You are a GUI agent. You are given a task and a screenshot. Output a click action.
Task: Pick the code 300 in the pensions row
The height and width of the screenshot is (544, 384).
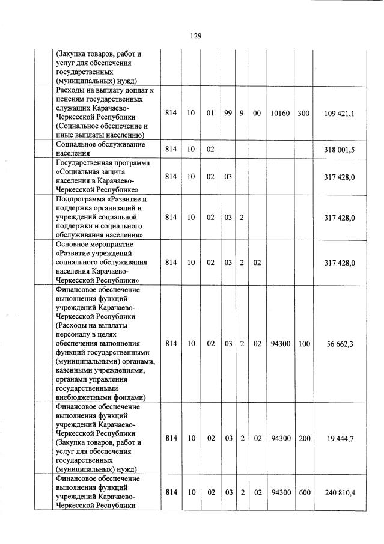coord(303,113)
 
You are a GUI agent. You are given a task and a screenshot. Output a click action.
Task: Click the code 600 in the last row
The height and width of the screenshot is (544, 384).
coord(303,492)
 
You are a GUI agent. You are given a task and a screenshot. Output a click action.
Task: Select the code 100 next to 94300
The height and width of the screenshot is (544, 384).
coord(303,343)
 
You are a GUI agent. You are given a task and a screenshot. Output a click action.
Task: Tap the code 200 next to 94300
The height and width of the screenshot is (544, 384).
coord(303,439)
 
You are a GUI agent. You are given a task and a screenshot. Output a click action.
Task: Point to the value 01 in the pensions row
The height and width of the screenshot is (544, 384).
coord(210,113)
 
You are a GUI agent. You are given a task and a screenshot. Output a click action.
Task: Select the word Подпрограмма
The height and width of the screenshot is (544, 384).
coord(82,199)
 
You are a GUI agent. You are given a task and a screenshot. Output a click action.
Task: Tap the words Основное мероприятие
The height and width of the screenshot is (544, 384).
coord(94,245)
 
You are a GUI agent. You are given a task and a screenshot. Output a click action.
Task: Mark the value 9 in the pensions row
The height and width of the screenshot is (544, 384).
coord(242,113)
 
